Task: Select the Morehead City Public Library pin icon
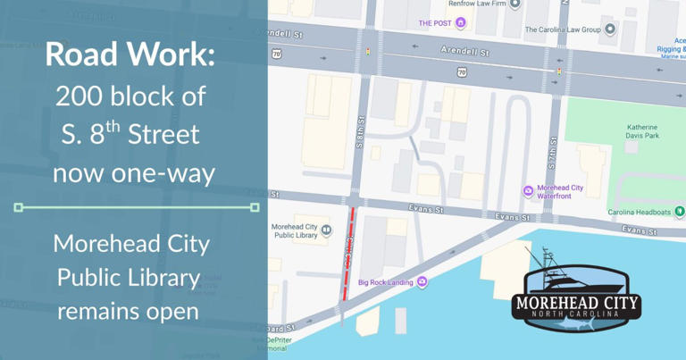coord(327,230)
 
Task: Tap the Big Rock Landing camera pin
coord(422,281)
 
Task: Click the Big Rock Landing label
coord(385,282)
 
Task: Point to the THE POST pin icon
coord(461,22)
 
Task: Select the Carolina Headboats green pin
coord(679,212)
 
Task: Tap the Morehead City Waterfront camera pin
coord(528,191)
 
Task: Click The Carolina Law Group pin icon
coord(610,29)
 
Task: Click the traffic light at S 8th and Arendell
coord(367,52)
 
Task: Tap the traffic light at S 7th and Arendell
coord(559,71)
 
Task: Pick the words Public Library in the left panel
coord(129,278)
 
